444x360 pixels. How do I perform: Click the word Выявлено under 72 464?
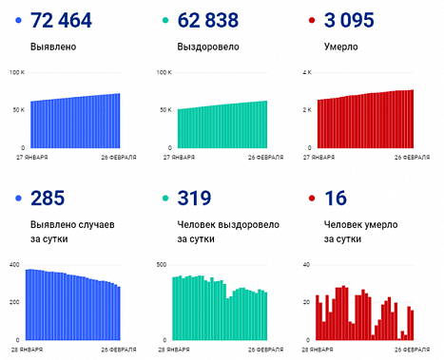[53, 45]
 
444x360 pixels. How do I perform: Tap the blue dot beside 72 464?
[20, 21]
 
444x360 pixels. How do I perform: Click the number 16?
[326, 198]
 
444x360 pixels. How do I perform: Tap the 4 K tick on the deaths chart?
[306, 72]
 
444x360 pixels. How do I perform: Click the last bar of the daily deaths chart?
[412, 325]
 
